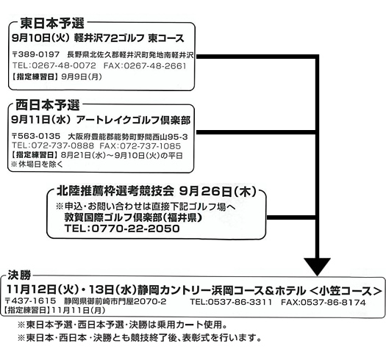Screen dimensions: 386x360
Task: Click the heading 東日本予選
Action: click(x=52, y=23)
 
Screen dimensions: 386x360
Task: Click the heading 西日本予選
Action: click(x=48, y=105)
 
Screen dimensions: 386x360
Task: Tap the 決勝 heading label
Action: click(x=19, y=275)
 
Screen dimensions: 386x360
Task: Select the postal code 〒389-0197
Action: click(x=36, y=54)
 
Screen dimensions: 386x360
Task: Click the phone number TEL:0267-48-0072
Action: click(x=54, y=65)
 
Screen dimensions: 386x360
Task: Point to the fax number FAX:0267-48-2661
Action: click(x=145, y=65)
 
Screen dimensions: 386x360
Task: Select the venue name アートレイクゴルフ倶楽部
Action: click(x=133, y=120)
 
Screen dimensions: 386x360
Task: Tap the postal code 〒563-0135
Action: click(x=36, y=137)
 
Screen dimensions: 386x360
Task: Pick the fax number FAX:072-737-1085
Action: click(x=140, y=146)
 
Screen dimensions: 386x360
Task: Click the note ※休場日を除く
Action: click(x=37, y=164)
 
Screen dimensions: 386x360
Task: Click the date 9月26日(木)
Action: click(x=218, y=191)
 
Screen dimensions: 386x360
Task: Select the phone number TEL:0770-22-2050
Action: click(x=122, y=228)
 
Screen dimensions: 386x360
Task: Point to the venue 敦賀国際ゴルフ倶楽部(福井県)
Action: click(x=133, y=217)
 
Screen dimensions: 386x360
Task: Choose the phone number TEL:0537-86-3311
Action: click(x=231, y=302)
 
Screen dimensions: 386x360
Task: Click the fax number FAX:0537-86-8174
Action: click(x=324, y=302)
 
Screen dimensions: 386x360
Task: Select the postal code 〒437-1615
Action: click(x=30, y=301)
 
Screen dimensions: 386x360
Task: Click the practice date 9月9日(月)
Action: click(x=82, y=76)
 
